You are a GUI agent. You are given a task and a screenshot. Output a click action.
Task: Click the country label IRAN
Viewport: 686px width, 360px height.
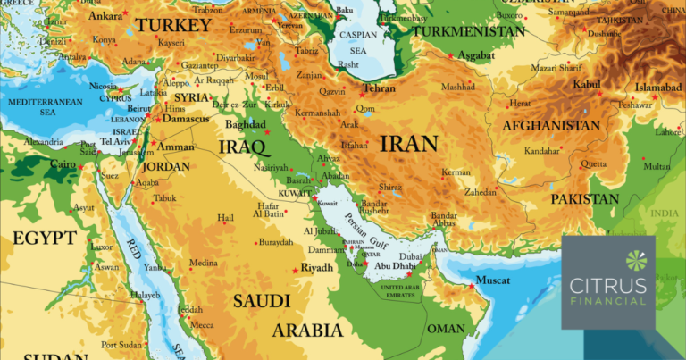click(x=408, y=144)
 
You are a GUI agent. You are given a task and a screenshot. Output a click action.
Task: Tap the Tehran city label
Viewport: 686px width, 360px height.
click(x=378, y=89)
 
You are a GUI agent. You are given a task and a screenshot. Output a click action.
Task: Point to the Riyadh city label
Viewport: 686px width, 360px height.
click(x=317, y=267)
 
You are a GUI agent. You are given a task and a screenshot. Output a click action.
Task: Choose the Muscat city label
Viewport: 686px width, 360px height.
click(x=492, y=281)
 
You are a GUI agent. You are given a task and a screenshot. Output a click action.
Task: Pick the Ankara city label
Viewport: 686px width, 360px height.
click(x=105, y=16)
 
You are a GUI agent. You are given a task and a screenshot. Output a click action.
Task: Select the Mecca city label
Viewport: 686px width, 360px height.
click(x=203, y=325)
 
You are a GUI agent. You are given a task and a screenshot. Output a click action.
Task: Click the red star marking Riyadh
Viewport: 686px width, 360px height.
click(x=296, y=271)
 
